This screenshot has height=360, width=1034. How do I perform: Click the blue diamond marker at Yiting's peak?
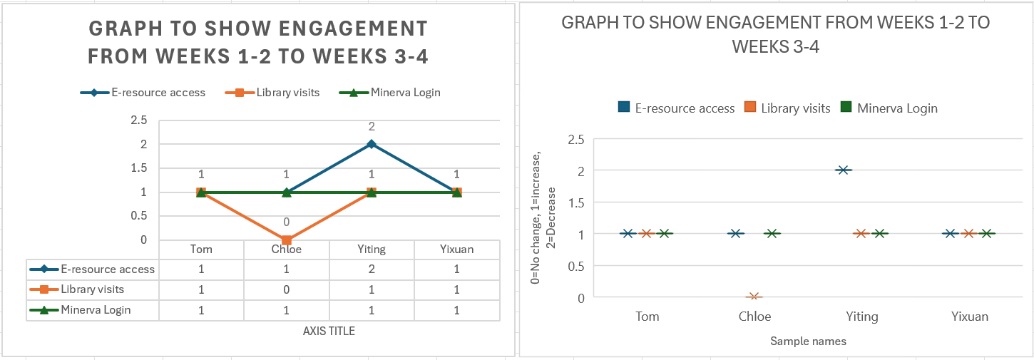coord(371,144)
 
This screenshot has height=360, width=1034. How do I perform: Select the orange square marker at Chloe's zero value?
coord(286,240)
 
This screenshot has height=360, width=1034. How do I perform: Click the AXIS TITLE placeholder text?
coord(329,331)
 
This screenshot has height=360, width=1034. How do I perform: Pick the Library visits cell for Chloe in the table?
coord(286,289)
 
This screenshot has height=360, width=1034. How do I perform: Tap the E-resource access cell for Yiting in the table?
coord(371,269)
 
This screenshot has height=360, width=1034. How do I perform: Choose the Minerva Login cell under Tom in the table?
coord(201,310)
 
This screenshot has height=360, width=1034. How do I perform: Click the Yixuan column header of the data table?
coord(456,250)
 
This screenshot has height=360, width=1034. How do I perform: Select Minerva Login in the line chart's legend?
coord(404,92)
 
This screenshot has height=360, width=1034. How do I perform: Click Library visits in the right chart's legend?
coord(795,108)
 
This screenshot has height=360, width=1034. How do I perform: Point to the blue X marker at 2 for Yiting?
coord(844,170)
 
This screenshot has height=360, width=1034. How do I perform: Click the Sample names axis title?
coord(808,341)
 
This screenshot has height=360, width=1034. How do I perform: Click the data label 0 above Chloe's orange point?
coord(286,222)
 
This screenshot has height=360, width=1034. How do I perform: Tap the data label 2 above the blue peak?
coord(371,127)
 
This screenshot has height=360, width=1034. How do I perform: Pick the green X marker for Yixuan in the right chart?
coord(987,234)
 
